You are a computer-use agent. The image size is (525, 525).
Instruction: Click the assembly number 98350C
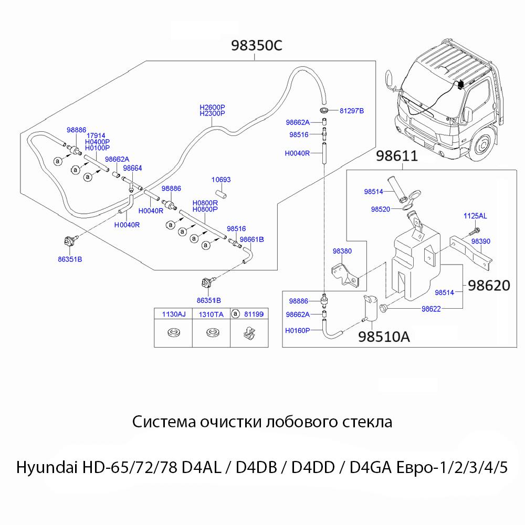click(257, 46)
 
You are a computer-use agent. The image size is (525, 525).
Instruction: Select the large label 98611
click(397, 156)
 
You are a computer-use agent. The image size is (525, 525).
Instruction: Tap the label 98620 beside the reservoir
click(489, 286)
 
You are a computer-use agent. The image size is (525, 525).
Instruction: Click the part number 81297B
click(352, 111)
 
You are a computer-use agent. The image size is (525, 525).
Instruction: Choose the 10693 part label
click(221, 180)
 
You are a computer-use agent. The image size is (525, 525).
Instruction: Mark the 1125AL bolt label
click(475, 216)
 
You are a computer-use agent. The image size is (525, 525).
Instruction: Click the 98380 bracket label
click(342, 251)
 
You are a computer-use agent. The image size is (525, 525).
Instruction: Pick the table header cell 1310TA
click(211, 314)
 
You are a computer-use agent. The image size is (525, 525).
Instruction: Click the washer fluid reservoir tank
click(415, 262)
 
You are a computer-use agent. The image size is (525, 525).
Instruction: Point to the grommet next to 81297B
click(324, 111)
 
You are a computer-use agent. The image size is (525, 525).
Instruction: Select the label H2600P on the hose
click(212, 107)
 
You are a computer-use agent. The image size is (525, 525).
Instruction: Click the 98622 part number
click(432, 309)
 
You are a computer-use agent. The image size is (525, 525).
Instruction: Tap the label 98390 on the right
click(480, 241)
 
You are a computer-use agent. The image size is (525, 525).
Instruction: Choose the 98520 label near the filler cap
click(380, 208)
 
